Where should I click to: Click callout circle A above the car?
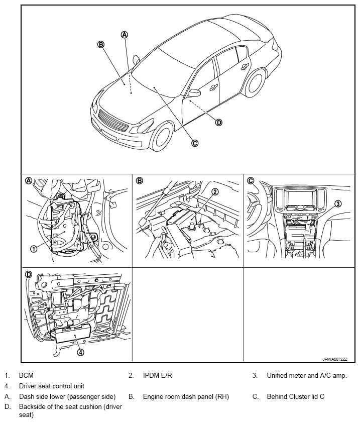pos(125,34)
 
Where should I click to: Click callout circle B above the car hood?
pos(101,44)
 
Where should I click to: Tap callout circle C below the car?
pos(195,143)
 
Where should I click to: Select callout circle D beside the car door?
pos(219,122)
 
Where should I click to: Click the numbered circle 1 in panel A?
pos(34,248)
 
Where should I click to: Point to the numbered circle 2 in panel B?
pos(215,191)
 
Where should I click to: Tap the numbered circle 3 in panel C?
pos(338,203)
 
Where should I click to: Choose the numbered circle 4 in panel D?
pos(80,352)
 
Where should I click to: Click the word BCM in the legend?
pos(26,375)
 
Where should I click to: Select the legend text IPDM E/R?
pos(158,375)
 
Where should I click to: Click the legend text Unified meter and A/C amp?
pos(306,375)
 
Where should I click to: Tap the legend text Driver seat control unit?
pos(51,386)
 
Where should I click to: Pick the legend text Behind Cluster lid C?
pos(295,396)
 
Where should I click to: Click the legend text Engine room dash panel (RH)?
pos(186,396)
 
